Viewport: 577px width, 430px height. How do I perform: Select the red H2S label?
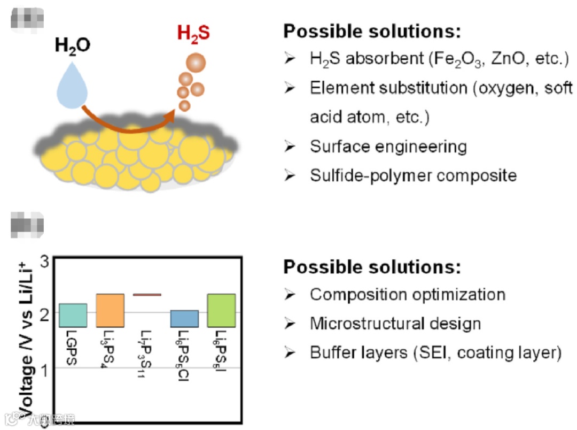click(193, 34)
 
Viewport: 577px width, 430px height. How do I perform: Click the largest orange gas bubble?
click(195, 63)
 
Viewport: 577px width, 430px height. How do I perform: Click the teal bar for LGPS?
click(73, 315)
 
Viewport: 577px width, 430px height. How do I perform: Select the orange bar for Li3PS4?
click(110, 310)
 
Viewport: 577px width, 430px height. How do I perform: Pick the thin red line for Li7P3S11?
click(147, 295)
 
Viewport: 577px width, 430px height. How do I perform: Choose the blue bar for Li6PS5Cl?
click(184, 318)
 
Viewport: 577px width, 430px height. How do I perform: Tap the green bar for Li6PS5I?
click(221, 310)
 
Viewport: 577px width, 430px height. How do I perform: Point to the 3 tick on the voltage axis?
click(44, 262)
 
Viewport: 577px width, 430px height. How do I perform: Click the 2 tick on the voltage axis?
click(44, 312)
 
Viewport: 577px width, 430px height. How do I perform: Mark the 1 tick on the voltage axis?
click(44, 368)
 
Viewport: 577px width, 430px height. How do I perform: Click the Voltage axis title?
click(24, 337)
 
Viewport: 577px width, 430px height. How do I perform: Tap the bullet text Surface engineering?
click(388, 146)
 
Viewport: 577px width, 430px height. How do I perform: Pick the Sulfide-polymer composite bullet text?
click(413, 175)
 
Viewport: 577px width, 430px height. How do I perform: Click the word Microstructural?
click(364, 323)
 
